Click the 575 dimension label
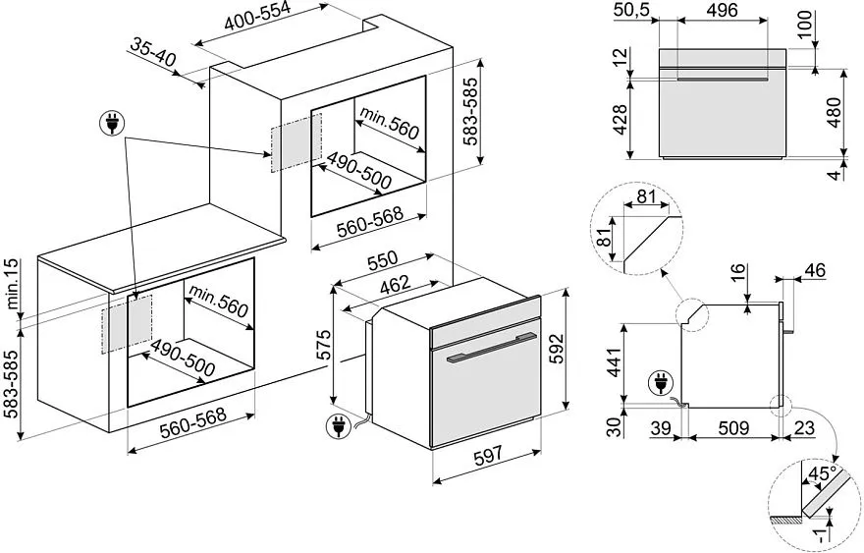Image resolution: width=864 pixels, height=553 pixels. [324, 347]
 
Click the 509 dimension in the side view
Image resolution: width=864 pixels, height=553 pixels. [733, 429]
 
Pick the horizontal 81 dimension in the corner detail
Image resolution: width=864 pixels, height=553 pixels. [645, 196]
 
